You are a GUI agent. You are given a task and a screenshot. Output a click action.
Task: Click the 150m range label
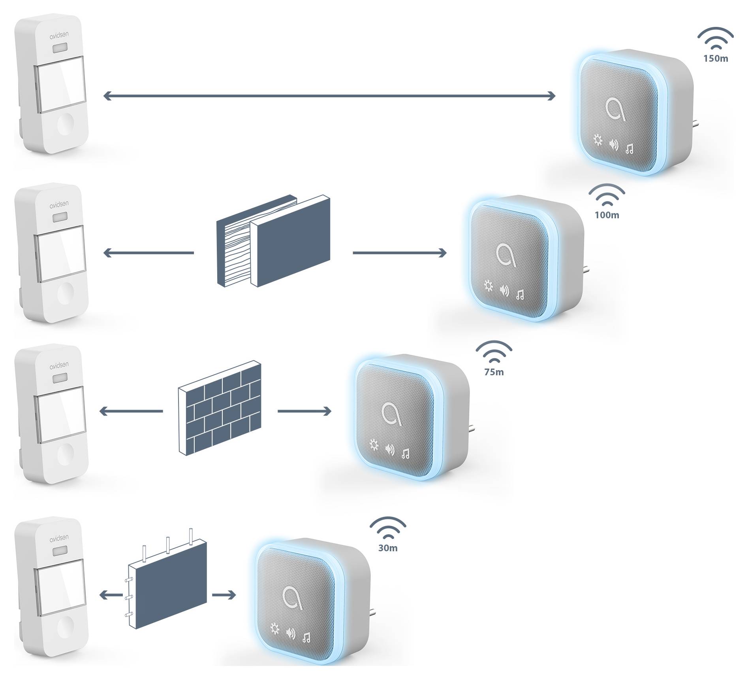tap(716, 59)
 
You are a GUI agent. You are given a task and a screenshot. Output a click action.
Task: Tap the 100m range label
tap(607, 215)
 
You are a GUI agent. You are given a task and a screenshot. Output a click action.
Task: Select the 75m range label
tap(494, 372)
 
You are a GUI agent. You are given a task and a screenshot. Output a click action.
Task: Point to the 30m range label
tap(388, 548)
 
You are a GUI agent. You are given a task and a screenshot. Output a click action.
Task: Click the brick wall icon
tap(220, 410)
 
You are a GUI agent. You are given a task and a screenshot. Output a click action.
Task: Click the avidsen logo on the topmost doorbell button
tap(59, 35)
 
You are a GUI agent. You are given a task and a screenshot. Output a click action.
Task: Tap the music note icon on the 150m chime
tap(630, 149)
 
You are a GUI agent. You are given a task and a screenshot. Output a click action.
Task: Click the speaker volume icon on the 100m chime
tap(504, 291)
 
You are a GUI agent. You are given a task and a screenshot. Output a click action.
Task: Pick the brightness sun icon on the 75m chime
tap(374, 446)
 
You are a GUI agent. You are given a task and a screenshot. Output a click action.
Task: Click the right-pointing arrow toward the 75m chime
tap(304, 411)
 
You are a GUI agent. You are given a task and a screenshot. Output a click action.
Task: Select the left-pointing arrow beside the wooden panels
tap(148, 253)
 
